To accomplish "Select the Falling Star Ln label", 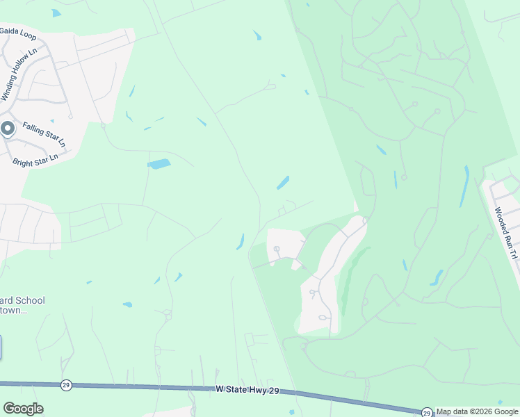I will [44, 133].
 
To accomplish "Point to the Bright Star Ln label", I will [35, 158].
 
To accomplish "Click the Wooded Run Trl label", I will [505, 233].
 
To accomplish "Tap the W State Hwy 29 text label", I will [247, 391].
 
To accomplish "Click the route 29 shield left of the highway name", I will [66, 384].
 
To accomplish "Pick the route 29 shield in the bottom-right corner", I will [425, 412].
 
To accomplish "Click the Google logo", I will [23, 408].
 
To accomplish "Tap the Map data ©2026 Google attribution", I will [478, 411].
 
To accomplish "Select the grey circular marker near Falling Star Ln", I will [8, 129].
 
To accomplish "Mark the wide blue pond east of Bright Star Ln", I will [159, 164].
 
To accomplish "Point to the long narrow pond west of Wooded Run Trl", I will [464, 186].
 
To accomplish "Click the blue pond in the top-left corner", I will [56, 13].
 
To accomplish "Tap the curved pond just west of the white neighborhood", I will [241, 241].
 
